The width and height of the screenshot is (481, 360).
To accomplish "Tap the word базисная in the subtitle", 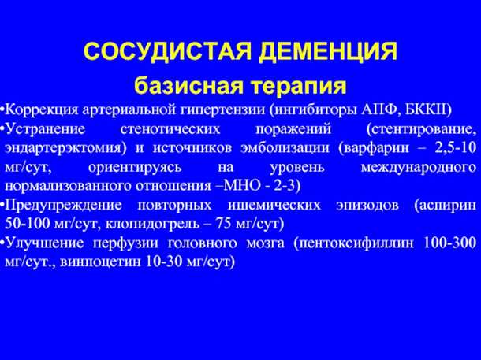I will (181, 84).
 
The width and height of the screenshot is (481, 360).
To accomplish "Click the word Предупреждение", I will (54, 205).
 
